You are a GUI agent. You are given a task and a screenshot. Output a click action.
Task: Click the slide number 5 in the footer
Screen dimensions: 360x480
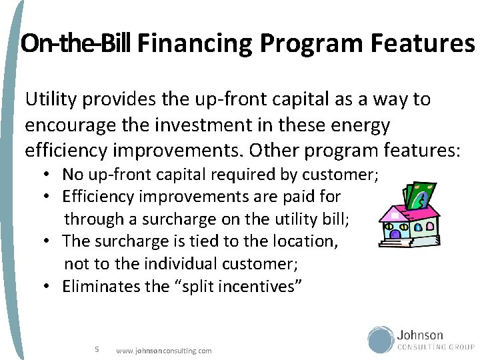pos(97,349)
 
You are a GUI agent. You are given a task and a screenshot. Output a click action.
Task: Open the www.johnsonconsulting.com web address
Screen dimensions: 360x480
pos(163,350)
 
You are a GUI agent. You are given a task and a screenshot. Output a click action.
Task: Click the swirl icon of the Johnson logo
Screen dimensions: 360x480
pos(381,339)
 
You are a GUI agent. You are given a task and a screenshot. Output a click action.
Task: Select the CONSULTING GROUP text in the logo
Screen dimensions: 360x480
pos(436,347)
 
